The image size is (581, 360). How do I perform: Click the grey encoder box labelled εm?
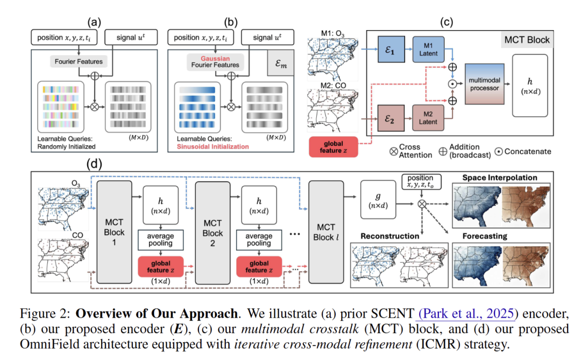tap(280, 65)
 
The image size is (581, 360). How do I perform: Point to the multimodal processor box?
tap(484, 84)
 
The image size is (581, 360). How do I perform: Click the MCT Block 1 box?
tap(114, 232)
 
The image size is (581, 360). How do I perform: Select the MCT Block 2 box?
tap(212, 232)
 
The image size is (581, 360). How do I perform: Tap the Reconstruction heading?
tap(390, 236)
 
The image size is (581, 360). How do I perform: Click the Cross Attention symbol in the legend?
tap(393, 151)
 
